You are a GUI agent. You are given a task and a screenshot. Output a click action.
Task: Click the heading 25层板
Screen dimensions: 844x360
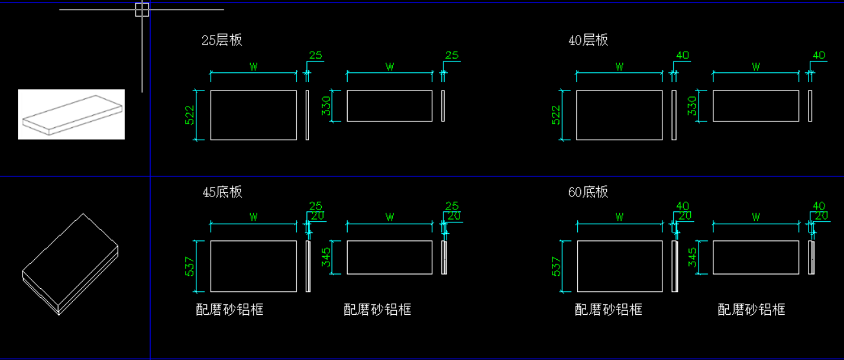pos(222,40)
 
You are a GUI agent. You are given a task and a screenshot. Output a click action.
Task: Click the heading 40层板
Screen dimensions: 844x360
pos(588,40)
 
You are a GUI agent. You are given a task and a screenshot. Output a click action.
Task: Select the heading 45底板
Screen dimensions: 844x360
pos(222,192)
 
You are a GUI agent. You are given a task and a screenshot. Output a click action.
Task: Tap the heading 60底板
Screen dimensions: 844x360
pos(588,192)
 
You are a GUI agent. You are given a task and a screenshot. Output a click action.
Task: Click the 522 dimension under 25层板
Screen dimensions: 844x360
pos(189,115)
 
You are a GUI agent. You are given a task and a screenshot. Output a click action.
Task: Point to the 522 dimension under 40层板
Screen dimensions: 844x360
pos(556,115)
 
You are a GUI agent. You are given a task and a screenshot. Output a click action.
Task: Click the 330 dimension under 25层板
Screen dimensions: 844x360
pos(326,106)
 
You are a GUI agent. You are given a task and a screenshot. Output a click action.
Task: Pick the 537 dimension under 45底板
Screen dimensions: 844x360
pos(189,266)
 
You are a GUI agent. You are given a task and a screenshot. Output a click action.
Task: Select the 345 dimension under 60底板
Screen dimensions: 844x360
pos(692,257)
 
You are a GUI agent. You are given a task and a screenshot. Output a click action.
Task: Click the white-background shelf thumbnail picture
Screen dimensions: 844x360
pos(71,114)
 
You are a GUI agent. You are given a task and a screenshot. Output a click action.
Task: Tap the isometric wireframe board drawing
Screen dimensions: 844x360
pos(70,264)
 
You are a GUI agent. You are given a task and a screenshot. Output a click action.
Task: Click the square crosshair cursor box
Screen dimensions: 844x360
pos(142,10)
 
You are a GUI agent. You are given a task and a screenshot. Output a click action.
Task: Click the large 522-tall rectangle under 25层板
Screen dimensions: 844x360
pos(253,115)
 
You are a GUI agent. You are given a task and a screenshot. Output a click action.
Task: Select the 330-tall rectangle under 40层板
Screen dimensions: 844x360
pos(756,106)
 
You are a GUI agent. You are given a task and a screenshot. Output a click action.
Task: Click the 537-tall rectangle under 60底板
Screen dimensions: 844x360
pos(620,266)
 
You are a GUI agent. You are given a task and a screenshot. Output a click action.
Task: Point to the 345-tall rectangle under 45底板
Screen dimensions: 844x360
pos(390,257)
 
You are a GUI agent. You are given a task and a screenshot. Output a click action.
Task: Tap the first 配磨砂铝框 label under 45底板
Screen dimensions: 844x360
pos(229,310)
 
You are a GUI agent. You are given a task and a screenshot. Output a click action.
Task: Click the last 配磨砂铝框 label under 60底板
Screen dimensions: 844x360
pos(752,310)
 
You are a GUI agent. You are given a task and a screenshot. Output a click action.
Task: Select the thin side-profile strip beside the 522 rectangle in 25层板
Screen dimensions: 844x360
pos(308,115)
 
